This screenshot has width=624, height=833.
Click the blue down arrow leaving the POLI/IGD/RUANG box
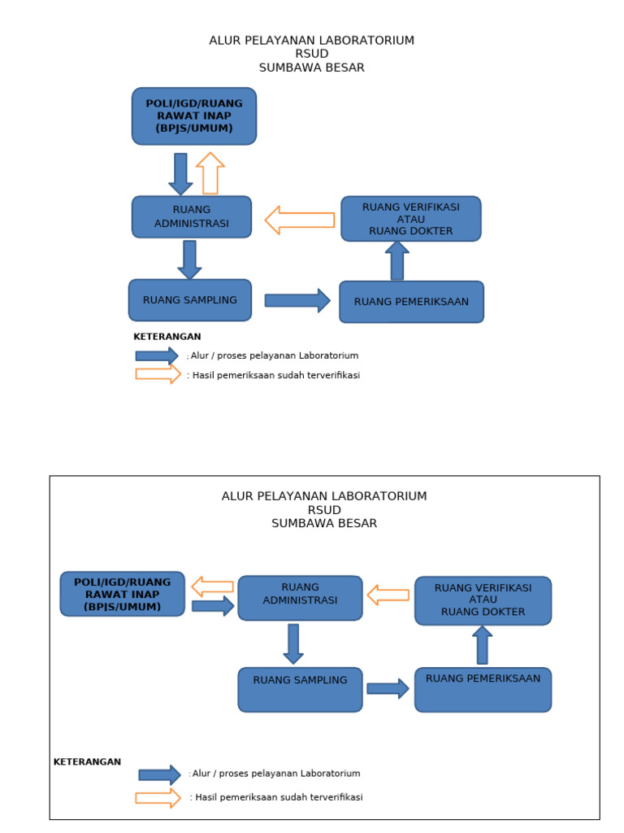[x=180, y=173]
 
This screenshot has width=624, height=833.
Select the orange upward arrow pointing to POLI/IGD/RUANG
[x=210, y=173]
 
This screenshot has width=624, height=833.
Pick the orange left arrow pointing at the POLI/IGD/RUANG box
[x=212, y=587]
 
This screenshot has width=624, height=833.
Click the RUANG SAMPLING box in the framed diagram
[x=300, y=689]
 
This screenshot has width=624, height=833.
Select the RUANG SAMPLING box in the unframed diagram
[x=190, y=300]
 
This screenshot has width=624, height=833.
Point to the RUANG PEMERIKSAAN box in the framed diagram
[x=483, y=689]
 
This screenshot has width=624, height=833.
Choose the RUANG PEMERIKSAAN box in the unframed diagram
[x=411, y=302]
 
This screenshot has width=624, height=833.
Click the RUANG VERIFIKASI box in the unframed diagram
[x=411, y=219]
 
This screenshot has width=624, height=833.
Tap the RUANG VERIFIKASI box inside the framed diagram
[x=483, y=600]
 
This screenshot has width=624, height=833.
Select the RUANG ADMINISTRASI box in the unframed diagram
[x=192, y=216]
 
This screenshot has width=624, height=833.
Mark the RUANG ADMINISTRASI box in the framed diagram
[x=300, y=598]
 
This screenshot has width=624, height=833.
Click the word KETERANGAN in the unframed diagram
[x=167, y=337]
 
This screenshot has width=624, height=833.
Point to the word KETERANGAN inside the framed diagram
[x=87, y=762]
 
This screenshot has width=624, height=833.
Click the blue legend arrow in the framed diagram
[x=159, y=774]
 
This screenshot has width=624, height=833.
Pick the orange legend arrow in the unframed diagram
[x=158, y=374]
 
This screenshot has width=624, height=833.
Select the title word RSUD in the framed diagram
[x=324, y=510]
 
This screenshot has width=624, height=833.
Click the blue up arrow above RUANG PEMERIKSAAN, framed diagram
[x=483, y=645]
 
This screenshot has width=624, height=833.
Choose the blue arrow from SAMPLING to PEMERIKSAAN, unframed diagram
[x=297, y=300]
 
